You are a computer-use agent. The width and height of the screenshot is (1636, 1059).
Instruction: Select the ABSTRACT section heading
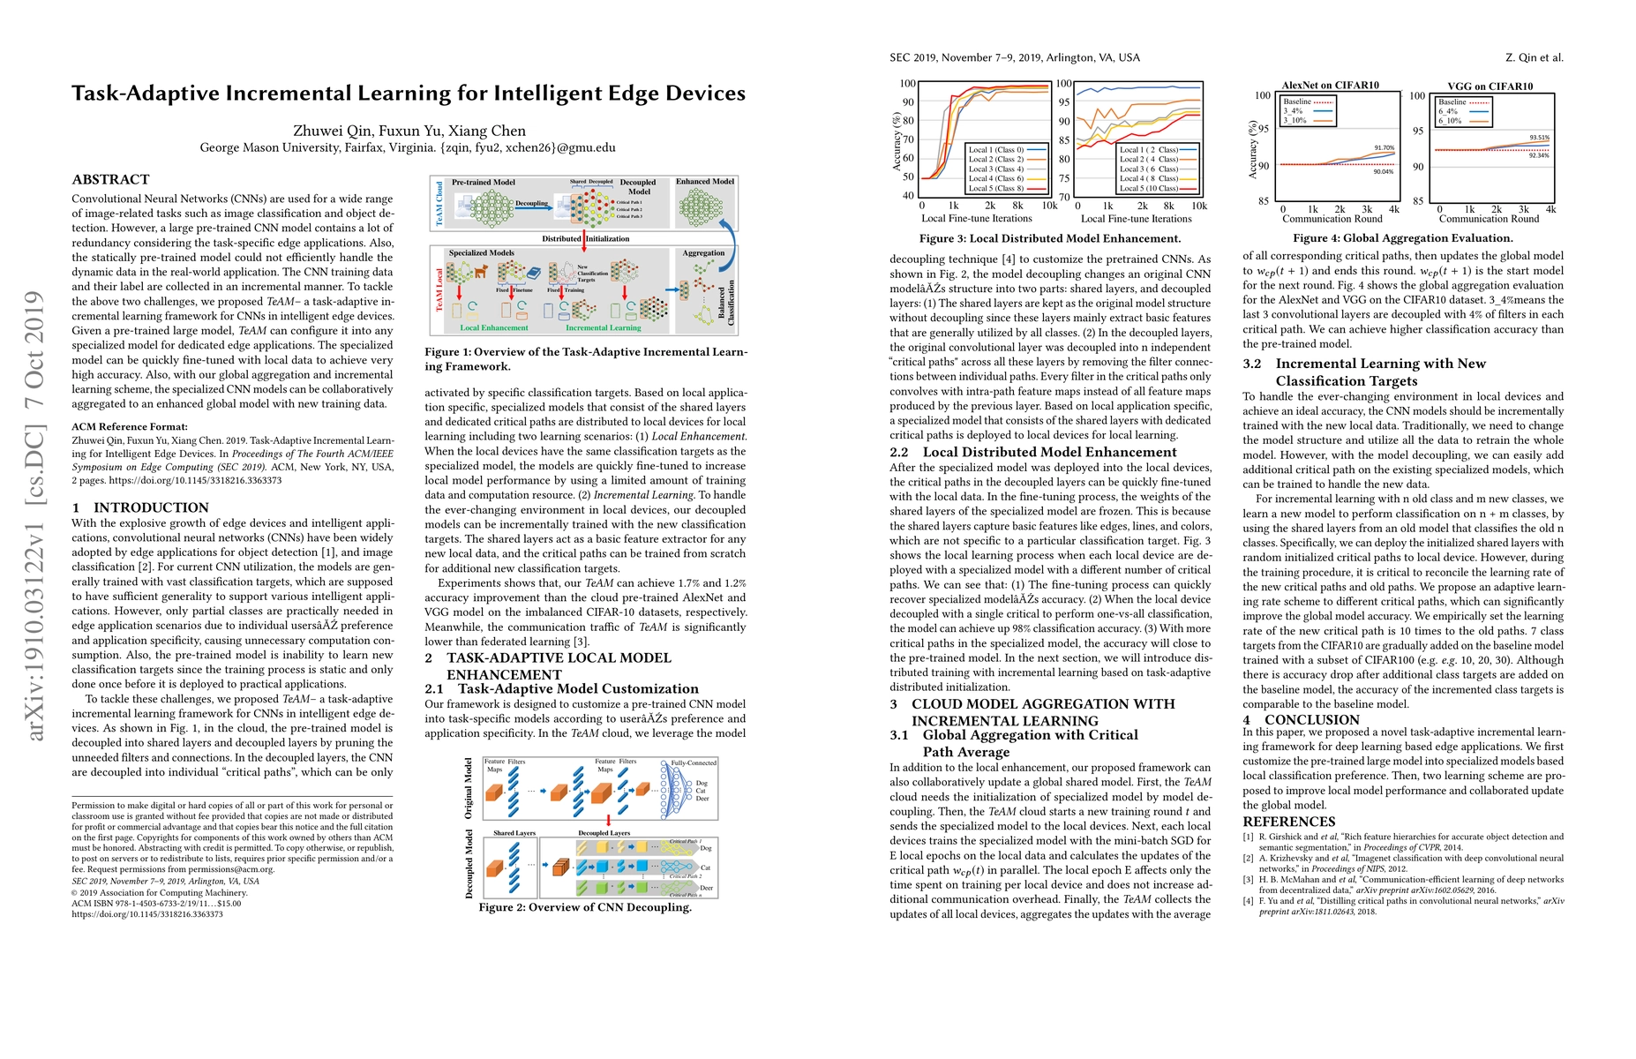110,179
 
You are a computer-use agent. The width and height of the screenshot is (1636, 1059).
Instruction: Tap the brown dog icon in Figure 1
481,272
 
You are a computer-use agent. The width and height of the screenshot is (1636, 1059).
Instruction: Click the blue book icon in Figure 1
533,274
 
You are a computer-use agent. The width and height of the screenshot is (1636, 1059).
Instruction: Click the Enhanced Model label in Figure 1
705,182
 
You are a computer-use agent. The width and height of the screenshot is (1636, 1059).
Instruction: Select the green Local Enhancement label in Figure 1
493,327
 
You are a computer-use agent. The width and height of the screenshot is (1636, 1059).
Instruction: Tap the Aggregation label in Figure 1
703,253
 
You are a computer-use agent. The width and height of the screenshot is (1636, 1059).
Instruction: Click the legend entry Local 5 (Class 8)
996,188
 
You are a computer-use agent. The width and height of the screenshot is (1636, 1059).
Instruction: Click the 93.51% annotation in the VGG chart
1539,138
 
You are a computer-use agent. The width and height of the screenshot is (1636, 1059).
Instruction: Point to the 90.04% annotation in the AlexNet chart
1383,171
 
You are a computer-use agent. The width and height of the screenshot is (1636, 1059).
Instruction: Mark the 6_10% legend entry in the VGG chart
1450,121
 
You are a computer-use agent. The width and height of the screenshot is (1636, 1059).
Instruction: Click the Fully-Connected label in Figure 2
694,762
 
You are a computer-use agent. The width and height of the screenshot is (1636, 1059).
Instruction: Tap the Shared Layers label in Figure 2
514,833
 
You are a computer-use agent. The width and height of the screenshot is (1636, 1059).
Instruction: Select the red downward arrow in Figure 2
608,820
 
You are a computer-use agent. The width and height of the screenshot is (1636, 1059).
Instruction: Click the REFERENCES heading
1288,822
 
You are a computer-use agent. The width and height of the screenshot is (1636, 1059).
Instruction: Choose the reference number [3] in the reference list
1248,879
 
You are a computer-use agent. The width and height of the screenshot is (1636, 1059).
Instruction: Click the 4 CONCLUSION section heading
1288,719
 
